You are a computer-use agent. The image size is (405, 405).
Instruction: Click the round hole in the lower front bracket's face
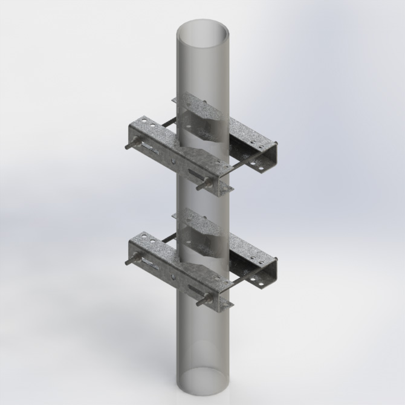[x=175, y=277]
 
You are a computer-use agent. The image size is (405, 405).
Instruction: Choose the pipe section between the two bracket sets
[x=202, y=202]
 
